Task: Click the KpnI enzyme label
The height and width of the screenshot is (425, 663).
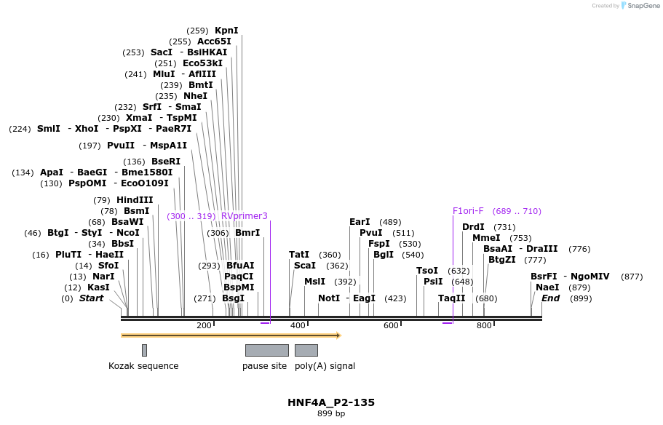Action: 226,31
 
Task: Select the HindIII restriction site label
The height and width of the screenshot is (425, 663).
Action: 135,200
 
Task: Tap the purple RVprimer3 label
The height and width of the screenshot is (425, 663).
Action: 245,216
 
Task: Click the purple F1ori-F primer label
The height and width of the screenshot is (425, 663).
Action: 468,211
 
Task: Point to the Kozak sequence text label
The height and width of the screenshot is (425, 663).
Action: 143,366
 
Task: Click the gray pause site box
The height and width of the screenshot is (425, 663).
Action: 266,350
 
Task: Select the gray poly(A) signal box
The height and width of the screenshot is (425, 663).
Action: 306,350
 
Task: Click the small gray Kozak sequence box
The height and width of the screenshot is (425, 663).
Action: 144,350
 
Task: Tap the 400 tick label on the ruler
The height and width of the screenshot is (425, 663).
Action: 298,325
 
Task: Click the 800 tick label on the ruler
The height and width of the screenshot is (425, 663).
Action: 484,325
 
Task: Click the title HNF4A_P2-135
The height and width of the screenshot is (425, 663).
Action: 331,402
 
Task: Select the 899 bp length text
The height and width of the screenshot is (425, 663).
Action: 331,414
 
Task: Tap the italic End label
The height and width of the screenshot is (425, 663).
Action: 551,298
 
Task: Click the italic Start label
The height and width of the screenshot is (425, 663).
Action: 91,298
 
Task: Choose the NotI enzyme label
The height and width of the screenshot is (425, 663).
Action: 329,298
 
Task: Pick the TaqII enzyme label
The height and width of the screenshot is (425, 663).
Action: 452,298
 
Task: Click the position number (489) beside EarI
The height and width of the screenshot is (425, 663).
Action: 390,222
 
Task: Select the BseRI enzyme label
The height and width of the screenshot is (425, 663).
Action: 166,162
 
